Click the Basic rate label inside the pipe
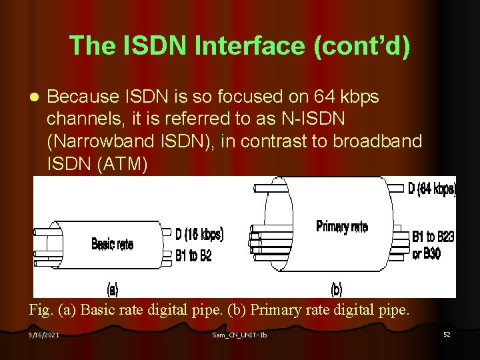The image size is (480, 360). click(112, 244)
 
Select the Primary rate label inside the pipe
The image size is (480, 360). click(341, 227)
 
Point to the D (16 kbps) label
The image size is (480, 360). click(199, 235)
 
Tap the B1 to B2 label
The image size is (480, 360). click(193, 255)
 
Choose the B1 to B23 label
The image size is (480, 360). click(433, 237)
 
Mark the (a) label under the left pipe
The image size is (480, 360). click(113, 289)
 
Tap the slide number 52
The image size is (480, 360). click(447, 334)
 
